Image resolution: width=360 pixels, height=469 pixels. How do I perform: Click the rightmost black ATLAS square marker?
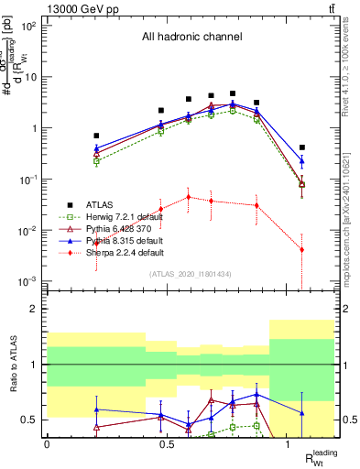pyautogui.click(x=302, y=147)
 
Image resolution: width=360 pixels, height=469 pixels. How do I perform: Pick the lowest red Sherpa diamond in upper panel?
pyautogui.click(x=302, y=249)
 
